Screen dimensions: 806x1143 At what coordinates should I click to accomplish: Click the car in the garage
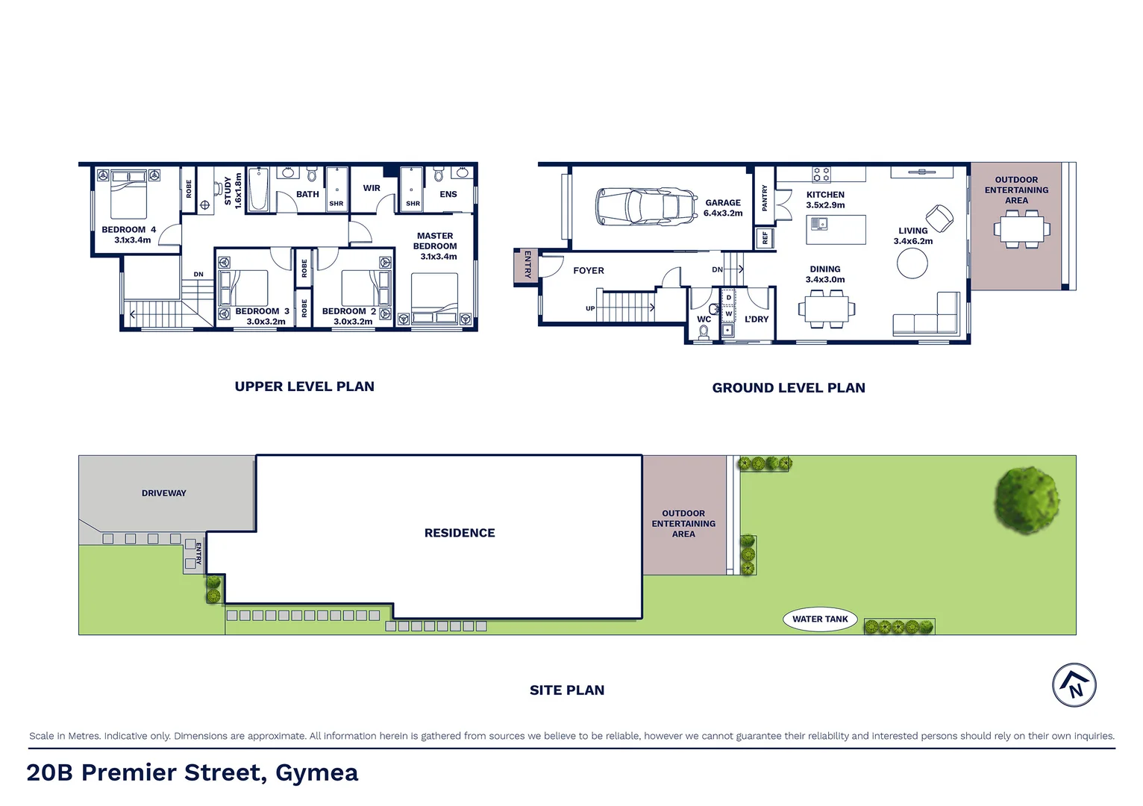(646, 206)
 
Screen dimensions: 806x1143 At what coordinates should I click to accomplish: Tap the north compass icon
(1074, 684)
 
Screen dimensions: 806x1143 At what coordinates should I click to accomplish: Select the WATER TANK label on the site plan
(820, 619)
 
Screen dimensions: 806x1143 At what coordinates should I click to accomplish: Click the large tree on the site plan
(1027, 500)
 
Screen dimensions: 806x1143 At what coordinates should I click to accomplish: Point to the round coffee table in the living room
(912, 263)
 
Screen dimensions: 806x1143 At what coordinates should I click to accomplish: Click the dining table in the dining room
(826, 308)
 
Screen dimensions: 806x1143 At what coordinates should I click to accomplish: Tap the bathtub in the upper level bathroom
(259, 190)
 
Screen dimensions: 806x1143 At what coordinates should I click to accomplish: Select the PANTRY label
(765, 199)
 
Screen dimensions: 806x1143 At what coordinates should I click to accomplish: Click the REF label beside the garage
(765, 239)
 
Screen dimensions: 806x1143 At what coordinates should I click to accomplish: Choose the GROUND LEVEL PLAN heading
(789, 388)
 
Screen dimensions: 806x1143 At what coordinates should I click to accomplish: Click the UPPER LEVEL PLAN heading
(304, 387)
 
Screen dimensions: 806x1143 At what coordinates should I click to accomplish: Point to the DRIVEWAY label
(164, 493)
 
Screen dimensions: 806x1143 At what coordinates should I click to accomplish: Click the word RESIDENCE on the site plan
(460, 533)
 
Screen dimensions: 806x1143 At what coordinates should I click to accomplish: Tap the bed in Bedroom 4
(128, 193)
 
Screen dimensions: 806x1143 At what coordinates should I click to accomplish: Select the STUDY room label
(228, 191)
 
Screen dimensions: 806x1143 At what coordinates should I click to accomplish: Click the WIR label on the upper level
(372, 188)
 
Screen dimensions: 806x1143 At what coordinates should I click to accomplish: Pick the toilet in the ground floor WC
(703, 331)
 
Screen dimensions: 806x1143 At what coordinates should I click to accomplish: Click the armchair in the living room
(939, 218)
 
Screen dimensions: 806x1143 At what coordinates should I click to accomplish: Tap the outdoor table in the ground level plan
(1021, 228)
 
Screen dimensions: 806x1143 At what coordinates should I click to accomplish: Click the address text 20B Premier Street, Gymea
(192, 772)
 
